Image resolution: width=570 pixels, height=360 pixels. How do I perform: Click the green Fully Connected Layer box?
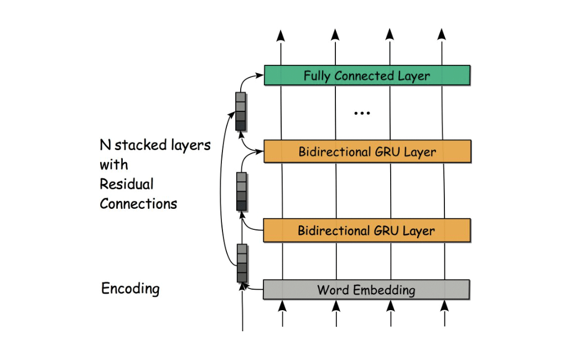point(367,75)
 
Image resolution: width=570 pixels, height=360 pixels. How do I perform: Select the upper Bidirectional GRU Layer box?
point(367,151)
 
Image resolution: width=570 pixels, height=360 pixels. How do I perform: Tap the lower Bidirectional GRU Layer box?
point(367,230)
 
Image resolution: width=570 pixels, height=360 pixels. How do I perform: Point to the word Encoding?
point(130,289)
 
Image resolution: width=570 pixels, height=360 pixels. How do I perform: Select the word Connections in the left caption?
point(138,204)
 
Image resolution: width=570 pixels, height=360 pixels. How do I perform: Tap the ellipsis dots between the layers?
point(361,113)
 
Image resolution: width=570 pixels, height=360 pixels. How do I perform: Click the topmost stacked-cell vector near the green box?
point(240,112)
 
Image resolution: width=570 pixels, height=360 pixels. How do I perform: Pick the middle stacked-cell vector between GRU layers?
point(241,191)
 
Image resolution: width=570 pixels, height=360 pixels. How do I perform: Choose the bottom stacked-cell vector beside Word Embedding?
point(242,263)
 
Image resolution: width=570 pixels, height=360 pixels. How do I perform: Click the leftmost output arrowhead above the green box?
point(281,35)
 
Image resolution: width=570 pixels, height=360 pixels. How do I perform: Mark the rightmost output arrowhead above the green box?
point(442,35)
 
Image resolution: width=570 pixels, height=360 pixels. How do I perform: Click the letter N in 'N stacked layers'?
point(105,145)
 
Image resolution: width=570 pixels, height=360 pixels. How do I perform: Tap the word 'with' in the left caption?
point(113,164)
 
